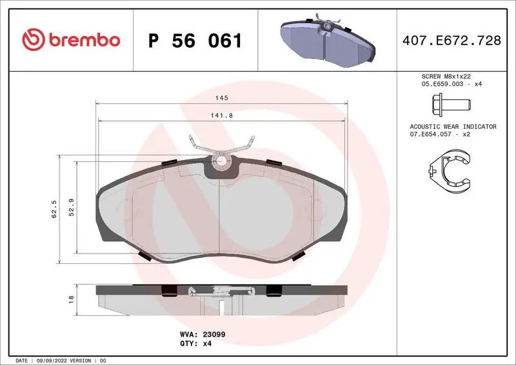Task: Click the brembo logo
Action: point(71,40)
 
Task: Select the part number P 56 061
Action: point(195,41)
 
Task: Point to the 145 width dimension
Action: point(221,97)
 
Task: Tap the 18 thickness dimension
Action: point(72,299)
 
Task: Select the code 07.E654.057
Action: point(432,134)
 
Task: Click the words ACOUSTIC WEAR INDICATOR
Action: point(453,126)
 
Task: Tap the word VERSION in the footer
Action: point(81,360)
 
